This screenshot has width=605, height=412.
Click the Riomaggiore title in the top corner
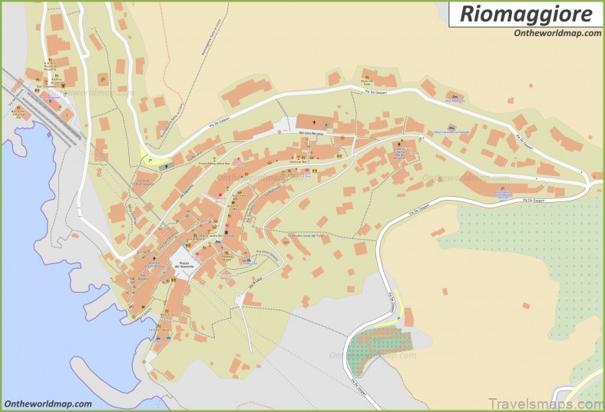[x=526, y=14]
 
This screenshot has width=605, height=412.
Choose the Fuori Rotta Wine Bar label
[x=215, y=163]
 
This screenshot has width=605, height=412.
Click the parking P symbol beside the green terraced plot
[x=408, y=312]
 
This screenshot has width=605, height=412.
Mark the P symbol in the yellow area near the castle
[x=150, y=161]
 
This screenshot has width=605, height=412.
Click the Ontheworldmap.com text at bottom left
[x=48, y=404]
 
